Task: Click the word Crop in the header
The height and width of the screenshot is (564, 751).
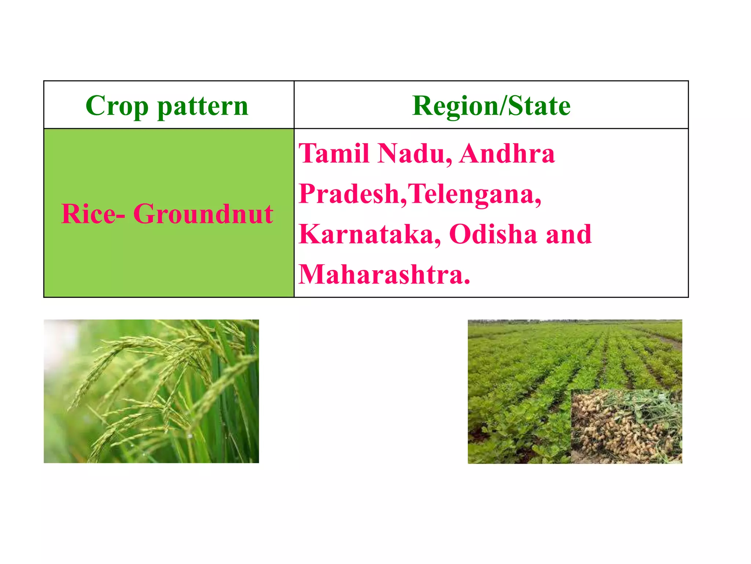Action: point(117,106)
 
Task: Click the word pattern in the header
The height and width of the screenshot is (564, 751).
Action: point(203,106)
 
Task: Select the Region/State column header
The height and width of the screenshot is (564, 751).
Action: point(491,106)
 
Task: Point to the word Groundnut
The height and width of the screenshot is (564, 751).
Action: point(203,214)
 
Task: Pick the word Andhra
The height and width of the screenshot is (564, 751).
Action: point(507,153)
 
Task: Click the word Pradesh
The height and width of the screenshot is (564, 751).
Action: point(349,194)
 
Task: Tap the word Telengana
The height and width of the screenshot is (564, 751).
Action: point(473,194)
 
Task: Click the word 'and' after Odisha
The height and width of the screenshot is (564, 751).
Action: point(569,234)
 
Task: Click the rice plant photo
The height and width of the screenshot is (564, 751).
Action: point(151,391)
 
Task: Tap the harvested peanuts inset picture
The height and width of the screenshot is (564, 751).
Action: point(626,426)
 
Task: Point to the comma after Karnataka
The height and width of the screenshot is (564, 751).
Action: point(438,243)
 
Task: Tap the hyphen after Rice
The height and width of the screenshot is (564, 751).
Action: point(121,217)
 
